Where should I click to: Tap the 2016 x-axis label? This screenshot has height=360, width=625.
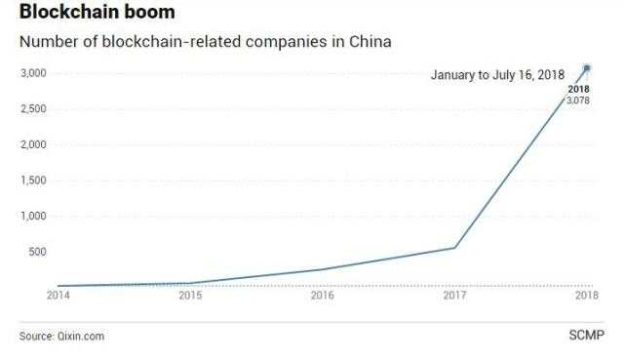323,295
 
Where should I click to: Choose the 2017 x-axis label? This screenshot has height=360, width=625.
454,295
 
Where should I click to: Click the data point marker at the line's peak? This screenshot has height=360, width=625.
587,68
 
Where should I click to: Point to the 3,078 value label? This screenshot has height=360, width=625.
579,100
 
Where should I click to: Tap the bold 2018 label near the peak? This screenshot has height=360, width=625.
579,90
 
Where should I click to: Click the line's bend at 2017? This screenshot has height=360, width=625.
454,247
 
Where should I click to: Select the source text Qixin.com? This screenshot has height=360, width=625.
80,337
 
